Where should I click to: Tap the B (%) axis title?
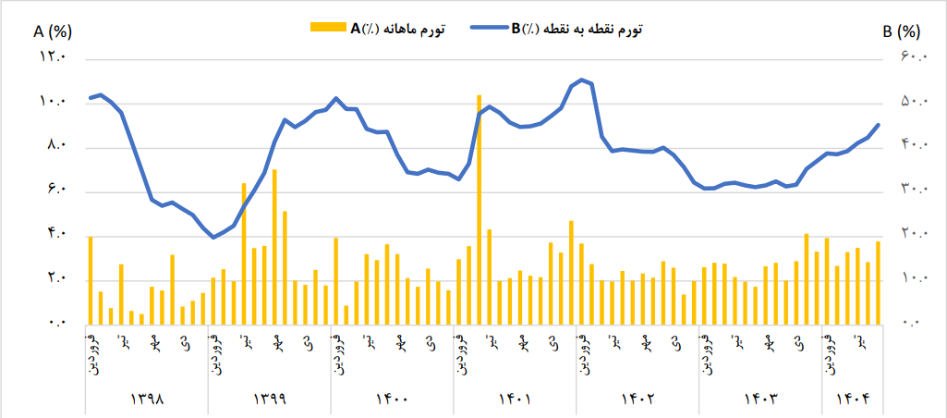pyautogui.click(x=901, y=31)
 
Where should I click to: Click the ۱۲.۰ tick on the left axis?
pyautogui.click(x=53, y=57)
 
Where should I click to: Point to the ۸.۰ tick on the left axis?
pyautogui.click(x=53, y=146)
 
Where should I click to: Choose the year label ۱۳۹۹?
pyautogui.click(x=269, y=400)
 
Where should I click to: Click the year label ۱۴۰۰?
pyautogui.click(x=392, y=400)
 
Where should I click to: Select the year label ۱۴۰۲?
pyautogui.click(x=637, y=400)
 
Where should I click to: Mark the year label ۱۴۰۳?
pyautogui.click(x=760, y=400)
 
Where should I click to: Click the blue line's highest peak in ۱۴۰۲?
pyautogui.click(x=580, y=80)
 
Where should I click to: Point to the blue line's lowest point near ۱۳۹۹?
pyautogui.click(x=213, y=238)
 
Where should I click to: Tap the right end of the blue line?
pyautogui.click(x=878, y=125)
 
